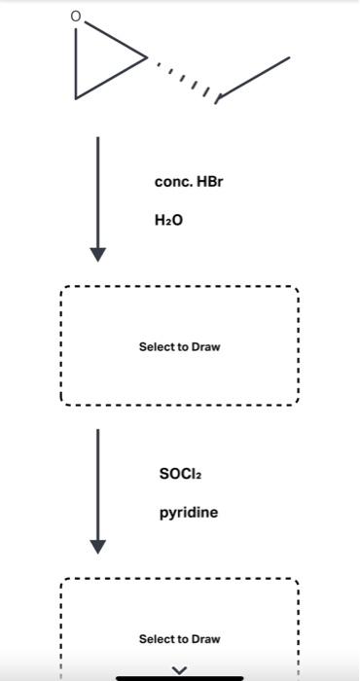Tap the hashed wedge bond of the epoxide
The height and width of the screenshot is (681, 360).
point(183,77)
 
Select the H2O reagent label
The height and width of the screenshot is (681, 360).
point(168,221)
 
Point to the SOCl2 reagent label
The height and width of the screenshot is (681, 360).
point(180,474)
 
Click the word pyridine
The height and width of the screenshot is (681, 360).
point(189,513)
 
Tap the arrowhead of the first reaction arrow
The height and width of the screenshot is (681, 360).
point(97,254)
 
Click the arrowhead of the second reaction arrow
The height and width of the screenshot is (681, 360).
point(97,546)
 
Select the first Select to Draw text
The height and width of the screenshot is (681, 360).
point(179,347)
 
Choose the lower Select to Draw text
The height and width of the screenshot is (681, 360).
point(179,639)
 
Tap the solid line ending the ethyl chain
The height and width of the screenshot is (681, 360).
point(254,78)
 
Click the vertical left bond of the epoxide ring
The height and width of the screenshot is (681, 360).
point(76,63)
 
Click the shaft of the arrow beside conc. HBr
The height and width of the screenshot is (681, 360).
point(97,190)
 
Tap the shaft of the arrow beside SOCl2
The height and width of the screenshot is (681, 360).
point(97,482)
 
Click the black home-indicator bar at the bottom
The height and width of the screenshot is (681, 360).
point(179,677)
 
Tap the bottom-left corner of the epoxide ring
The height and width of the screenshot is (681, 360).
point(76,97)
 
